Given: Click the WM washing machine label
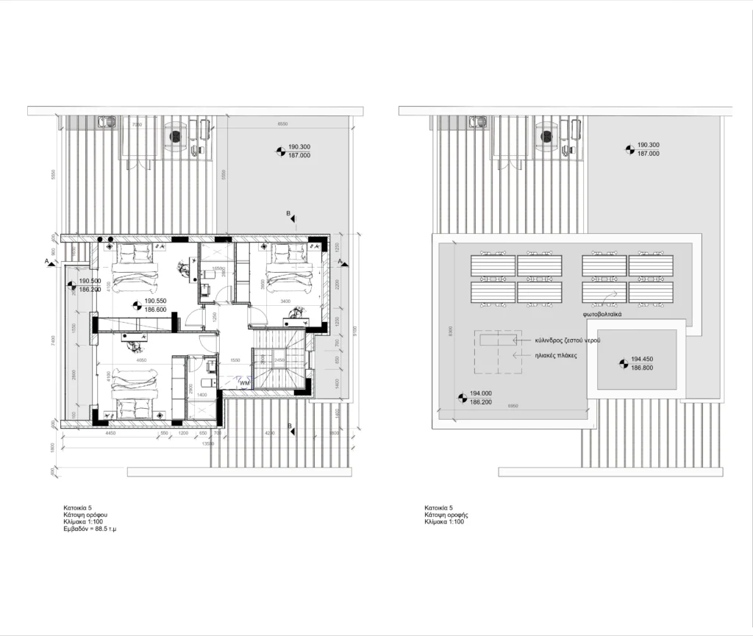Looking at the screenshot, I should (243, 383).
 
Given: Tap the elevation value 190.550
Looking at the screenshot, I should (155, 301).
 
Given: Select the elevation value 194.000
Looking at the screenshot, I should (480, 395).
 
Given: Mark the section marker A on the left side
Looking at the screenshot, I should (49, 261).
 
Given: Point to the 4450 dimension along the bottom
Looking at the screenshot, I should (110, 434).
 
